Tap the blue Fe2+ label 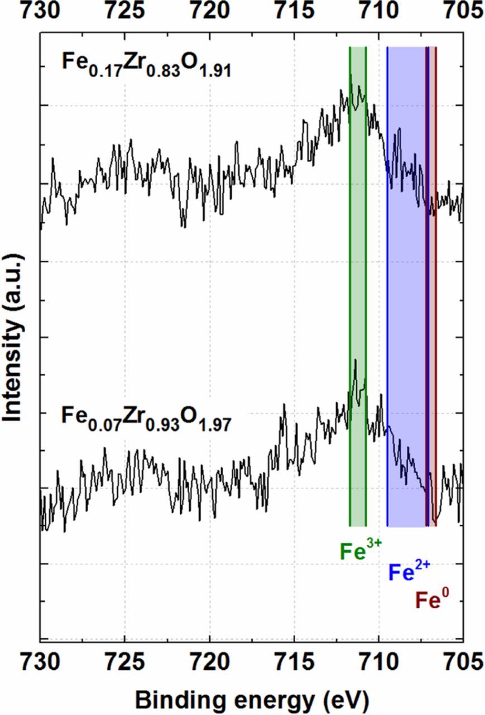[x=409, y=573]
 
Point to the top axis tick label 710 [x=379, y=9]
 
